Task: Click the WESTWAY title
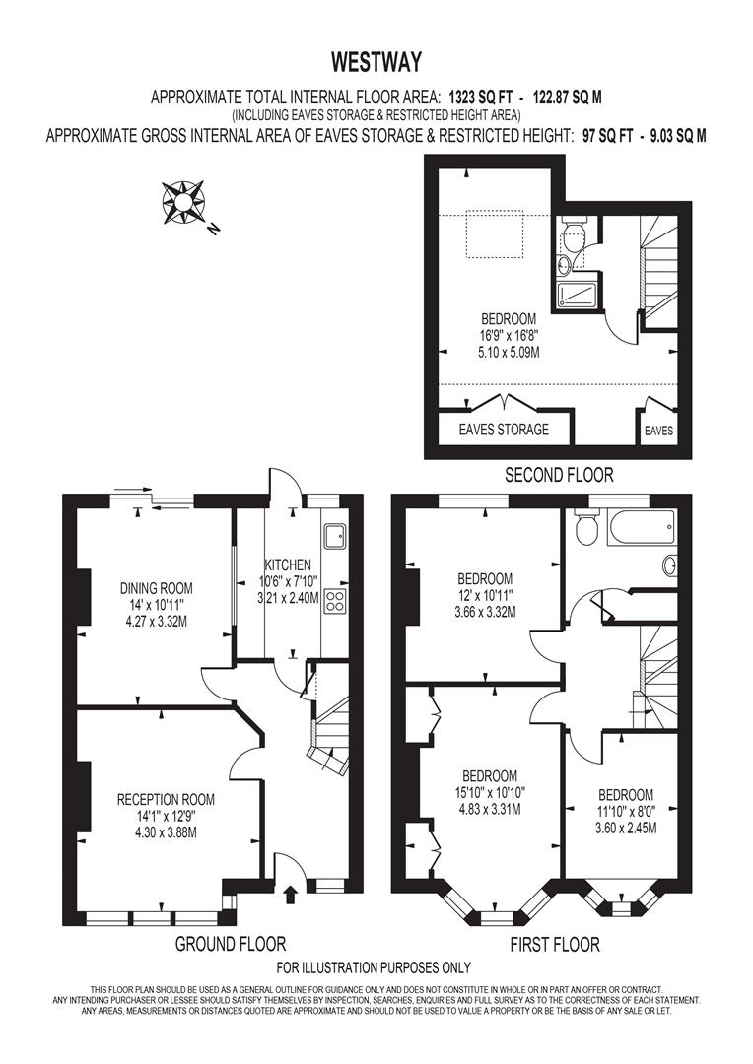tap(376, 62)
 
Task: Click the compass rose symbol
tap(182, 200)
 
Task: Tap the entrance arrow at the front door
tap(290, 895)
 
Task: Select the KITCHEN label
tap(287, 565)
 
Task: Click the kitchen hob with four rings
tap(334, 602)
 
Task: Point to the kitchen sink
tap(332, 534)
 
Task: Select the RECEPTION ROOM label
tap(166, 799)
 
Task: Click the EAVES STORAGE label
tap(504, 430)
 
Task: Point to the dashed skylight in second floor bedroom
tap(501, 233)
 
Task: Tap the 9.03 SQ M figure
tap(673, 137)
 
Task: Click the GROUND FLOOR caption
tap(231, 944)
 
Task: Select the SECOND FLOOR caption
tap(559, 475)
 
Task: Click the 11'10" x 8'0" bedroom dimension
tap(625, 812)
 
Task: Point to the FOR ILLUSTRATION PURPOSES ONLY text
tap(374, 967)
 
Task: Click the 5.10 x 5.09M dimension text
tap(508, 351)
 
